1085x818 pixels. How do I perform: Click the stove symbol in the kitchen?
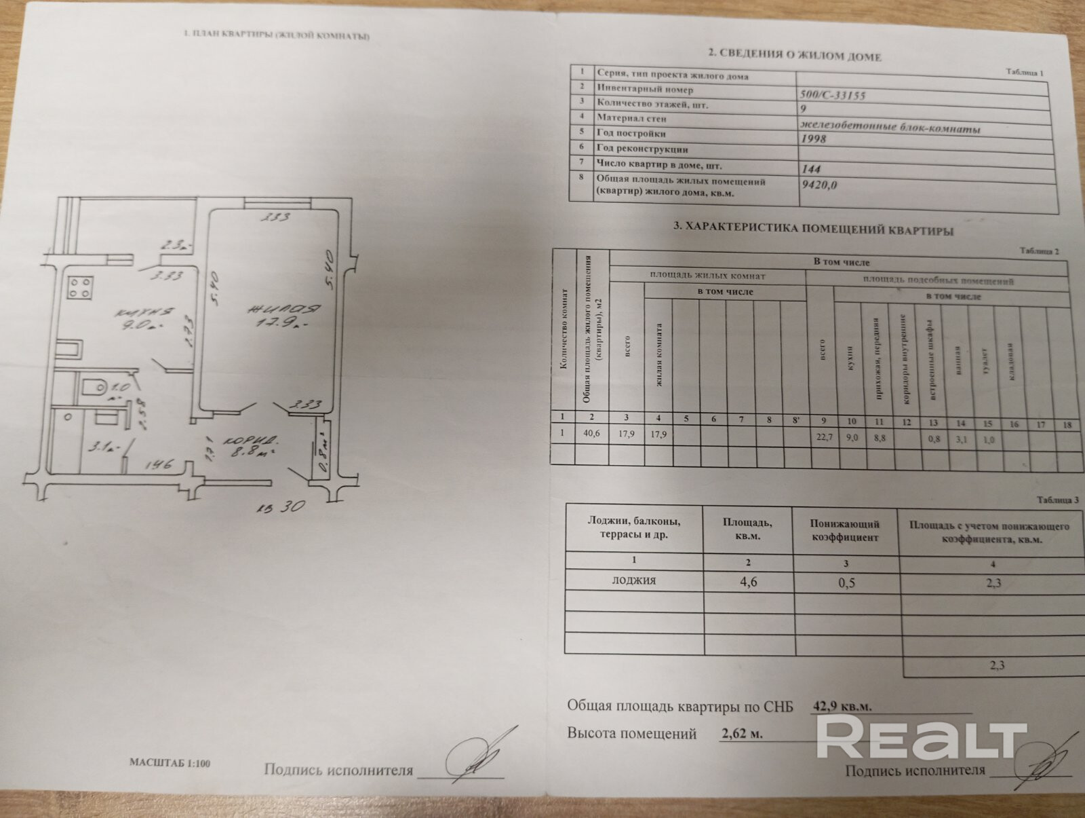[x=80, y=287]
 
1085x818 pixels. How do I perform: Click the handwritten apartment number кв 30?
[x=281, y=506]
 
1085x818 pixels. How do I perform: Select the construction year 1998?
[x=814, y=138]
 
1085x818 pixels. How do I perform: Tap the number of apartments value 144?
[x=811, y=168]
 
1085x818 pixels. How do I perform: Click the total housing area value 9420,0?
[x=819, y=184]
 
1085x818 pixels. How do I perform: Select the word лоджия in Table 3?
[x=633, y=580]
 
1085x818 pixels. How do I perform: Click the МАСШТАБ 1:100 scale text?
[x=170, y=763]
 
